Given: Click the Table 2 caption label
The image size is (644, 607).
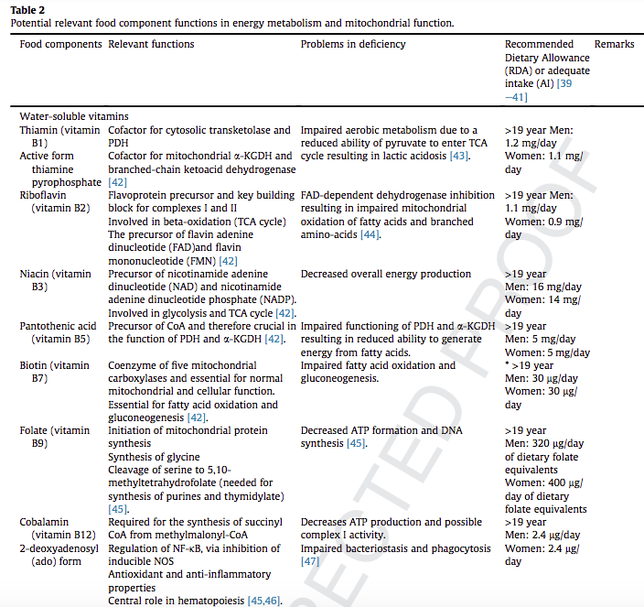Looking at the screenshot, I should pyautogui.click(x=27, y=9).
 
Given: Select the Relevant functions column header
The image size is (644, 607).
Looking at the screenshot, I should pyautogui.click(x=151, y=44).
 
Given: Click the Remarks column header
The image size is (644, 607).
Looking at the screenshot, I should pyautogui.click(x=614, y=44).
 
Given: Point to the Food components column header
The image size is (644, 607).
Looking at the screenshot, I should pyautogui.click(x=60, y=44).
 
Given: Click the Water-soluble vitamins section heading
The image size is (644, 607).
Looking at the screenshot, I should pyautogui.click(x=74, y=116).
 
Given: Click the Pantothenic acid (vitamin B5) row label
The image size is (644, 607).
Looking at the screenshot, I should pyautogui.click(x=57, y=332).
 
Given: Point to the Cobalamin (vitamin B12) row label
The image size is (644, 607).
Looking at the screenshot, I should pyautogui.click(x=55, y=528).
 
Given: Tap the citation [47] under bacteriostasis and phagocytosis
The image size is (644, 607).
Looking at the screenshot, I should pyautogui.click(x=311, y=561).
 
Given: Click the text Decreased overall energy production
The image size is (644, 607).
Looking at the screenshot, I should pyautogui.click(x=386, y=274).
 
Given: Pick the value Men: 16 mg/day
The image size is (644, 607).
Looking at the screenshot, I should pyautogui.click(x=545, y=287).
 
